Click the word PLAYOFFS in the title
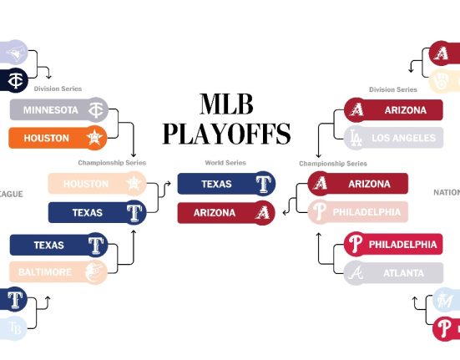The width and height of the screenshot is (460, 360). coord(226,134)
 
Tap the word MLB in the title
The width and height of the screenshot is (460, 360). coord(227,104)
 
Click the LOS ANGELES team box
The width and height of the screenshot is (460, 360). coord(393,137)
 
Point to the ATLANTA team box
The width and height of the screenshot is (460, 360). coord(393,273)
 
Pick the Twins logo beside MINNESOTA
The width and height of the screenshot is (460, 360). coord(96,110)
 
